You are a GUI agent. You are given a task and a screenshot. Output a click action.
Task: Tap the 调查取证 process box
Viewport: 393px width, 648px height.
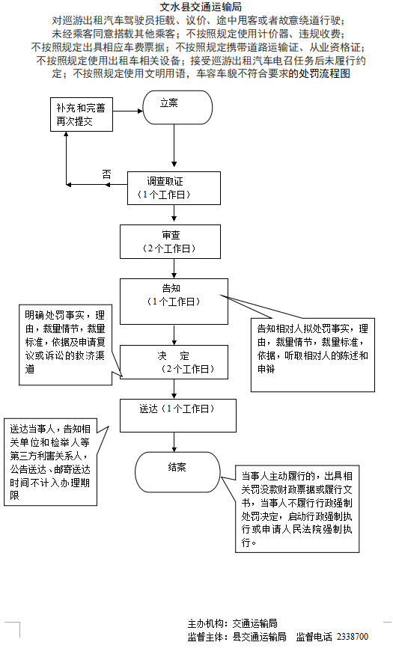pyautogui.click(x=174, y=188)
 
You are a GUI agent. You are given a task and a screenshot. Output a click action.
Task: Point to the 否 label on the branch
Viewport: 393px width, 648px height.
pyautogui.click(x=106, y=174)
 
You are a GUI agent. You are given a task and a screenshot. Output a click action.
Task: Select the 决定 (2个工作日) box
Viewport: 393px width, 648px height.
pyautogui.click(x=174, y=362)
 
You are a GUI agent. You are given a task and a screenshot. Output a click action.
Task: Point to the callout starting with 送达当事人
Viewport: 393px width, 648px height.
pyautogui.click(x=49, y=462)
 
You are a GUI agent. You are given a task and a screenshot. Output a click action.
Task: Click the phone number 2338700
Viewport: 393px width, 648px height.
pyautogui.click(x=352, y=637)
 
